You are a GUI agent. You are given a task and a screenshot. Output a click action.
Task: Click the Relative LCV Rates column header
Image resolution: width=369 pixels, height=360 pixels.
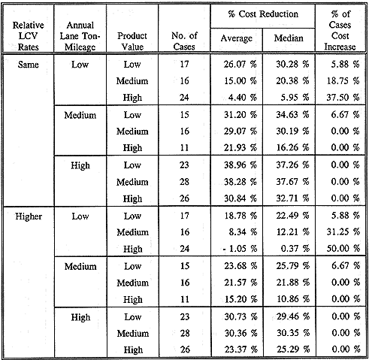[28, 36]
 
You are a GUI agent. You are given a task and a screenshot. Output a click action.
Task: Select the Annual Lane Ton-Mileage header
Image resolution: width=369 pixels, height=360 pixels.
[80, 36]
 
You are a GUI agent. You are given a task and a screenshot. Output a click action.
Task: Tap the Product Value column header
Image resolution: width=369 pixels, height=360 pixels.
[132, 41]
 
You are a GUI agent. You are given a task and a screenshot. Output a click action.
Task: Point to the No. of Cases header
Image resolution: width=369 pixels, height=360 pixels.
[184, 41]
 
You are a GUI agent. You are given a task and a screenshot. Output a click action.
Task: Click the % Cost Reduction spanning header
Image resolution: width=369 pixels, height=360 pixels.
[263, 14]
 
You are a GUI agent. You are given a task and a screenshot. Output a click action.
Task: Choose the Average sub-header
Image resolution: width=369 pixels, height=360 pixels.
[237, 38]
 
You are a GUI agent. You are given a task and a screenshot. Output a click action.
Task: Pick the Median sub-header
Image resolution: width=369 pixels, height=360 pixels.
[289, 38]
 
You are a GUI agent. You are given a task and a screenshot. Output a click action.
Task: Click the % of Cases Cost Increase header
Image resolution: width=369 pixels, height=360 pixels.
[340, 30]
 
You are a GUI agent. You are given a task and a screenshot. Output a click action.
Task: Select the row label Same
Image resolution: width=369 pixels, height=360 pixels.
[28, 65]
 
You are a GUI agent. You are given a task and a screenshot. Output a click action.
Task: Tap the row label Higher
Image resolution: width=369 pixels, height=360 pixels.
[29, 216]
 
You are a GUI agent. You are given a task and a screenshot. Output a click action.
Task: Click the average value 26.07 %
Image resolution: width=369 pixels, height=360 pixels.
[240, 65]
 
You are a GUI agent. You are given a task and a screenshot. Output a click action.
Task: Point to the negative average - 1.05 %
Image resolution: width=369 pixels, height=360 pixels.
[240, 249]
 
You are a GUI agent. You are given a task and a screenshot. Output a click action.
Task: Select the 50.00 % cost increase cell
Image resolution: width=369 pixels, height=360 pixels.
[343, 248]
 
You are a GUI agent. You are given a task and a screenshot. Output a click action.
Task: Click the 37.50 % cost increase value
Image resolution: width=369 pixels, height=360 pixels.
[343, 97]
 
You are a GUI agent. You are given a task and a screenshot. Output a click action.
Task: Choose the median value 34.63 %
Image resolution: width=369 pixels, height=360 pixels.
[292, 115]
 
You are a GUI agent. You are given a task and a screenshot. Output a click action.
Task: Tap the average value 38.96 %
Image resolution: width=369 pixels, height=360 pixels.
[240, 165]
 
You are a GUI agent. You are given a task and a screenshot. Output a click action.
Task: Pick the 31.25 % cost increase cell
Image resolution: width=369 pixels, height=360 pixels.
[343, 231]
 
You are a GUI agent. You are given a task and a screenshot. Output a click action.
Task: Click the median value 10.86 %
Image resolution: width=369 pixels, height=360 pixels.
[293, 299]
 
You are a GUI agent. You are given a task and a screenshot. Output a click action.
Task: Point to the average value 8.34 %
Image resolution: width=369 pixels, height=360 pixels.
[243, 232]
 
